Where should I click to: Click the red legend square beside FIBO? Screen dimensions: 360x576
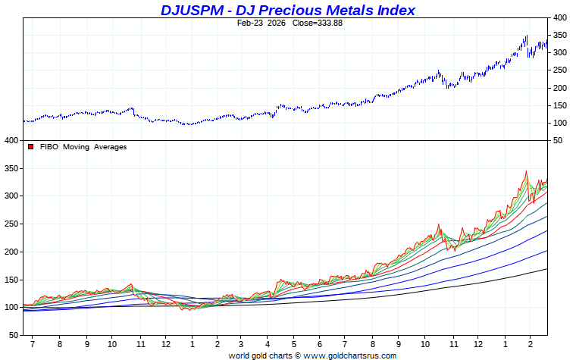click(x=31, y=147)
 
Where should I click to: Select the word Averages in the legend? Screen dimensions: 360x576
click(x=110, y=147)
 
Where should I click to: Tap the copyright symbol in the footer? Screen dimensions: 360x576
click(x=298, y=355)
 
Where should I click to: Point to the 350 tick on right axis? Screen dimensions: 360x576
click(x=559, y=35)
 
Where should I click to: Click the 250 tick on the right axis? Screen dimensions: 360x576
click(x=559, y=70)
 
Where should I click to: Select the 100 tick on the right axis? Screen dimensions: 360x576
click(x=559, y=123)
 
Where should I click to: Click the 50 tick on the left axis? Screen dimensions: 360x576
click(x=12, y=335)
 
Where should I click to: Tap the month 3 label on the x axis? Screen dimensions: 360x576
click(x=241, y=343)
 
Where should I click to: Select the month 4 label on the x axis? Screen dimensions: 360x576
click(x=267, y=343)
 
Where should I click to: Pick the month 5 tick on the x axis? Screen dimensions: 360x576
click(x=293, y=343)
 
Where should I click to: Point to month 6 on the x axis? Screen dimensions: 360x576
click(x=319, y=343)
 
